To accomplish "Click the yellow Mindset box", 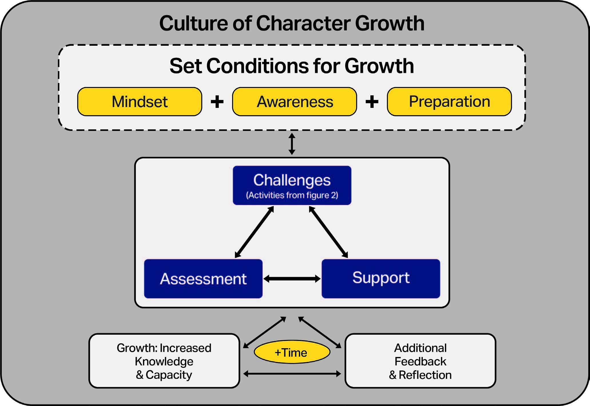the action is coord(140,102).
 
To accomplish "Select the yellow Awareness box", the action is coord(295,102).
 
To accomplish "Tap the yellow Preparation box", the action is coord(449,102).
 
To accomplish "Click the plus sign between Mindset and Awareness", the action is coord(217,102).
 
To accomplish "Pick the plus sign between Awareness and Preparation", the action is coord(372,102).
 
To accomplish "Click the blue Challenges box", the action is coord(292,185).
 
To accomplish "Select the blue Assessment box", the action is coord(203,279).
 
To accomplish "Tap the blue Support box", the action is coord(381,279).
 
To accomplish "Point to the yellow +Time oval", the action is coord(292,352).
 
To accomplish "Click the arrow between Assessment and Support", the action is coord(292,279).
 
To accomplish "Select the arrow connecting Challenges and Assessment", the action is coord(254,232).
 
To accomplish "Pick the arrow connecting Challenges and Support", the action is coord(328,232).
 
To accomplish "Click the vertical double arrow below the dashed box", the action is coord(292,144).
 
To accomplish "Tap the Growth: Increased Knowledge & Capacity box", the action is coord(164,361).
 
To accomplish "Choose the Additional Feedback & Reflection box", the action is coord(420,361).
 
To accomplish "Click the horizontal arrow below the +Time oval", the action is coord(292,374).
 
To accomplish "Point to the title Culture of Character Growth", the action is coord(292,23).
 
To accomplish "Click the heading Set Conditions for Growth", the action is coord(292,66).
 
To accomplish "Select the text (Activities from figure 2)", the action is coord(292,195).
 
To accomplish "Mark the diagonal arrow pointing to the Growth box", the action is coord(265,332).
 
